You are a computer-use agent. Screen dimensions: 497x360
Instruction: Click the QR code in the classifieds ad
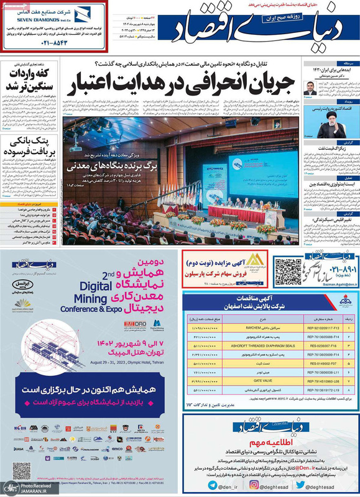288,271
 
